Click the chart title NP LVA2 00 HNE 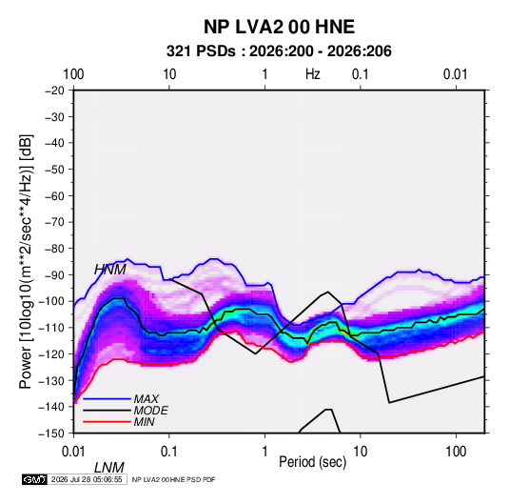point(279,27)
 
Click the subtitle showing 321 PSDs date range point(279,51)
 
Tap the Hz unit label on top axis point(313,74)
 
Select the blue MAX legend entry point(121,398)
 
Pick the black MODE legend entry point(126,411)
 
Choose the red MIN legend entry point(119,422)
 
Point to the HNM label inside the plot point(110,270)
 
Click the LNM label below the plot point(109,468)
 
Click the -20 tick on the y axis point(54,91)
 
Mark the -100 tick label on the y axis point(51,301)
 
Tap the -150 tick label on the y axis point(51,433)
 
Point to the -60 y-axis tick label point(54,195)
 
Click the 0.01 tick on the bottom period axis point(73,452)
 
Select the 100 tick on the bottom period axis point(456,452)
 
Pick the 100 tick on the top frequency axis point(73,74)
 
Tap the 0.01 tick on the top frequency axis point(456,74)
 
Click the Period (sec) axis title point(313,462)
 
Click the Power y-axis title point(26,261)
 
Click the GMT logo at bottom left point(35,479)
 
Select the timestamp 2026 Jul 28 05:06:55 point(87,479)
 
